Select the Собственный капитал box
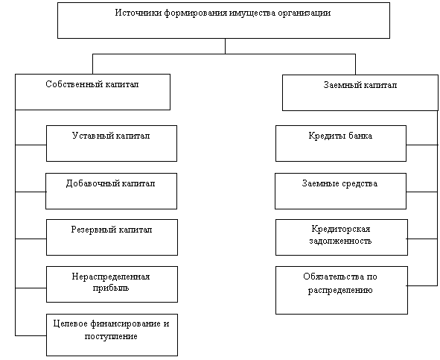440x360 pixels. click(x=92, y=92)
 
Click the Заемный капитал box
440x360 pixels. click(x=360, y=92)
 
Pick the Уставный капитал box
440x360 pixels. click(x=112, y=143)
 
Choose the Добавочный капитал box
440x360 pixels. click(x=111, y=191)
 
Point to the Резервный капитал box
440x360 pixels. click(x=112, y=238)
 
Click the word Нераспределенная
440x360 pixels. click(x=111, y=277)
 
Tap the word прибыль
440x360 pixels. click(x=111, y=288)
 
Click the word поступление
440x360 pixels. click(x=111, y=336)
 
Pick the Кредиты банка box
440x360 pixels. click(x=341, y=143)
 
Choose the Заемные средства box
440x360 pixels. click(x=340, y=191)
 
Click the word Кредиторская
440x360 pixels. click(x=341, y=230)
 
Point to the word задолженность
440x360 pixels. click(x=340, y=241)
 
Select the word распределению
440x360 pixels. click(x=340, y=290)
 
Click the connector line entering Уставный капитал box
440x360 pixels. click(x=31, y=145)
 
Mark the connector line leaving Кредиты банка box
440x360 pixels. click(x=422, y=145)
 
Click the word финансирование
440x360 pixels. click(x=125, y=323)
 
